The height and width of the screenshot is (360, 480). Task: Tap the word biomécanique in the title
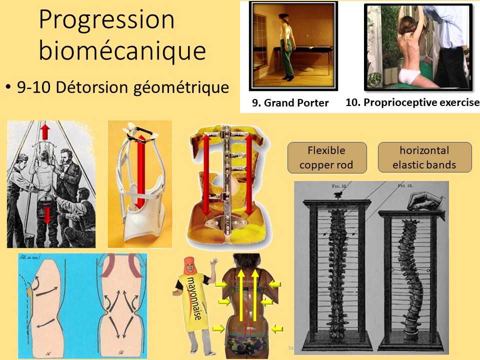click(122, 51)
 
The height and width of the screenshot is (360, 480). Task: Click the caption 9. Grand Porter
click(290, 103)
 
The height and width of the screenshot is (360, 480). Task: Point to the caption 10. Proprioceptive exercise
click(412, 102)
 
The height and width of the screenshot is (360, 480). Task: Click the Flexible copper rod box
click(327, 157)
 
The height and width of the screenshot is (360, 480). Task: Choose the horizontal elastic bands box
click(424, 157)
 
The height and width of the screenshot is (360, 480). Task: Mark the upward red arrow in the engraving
click(45, 131)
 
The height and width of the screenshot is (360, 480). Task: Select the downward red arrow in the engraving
click(46, 214)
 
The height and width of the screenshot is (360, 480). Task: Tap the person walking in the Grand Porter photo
click(287, 46)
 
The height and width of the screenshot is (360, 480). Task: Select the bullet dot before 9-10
click(8, 88)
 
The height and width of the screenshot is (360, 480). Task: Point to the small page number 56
click(290, 347)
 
